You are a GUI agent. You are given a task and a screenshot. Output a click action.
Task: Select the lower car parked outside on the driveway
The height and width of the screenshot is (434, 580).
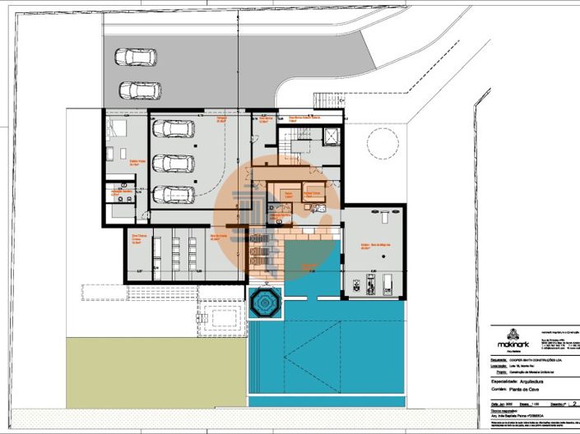140,90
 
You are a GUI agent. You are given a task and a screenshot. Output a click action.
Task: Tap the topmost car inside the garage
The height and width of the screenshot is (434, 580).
173,129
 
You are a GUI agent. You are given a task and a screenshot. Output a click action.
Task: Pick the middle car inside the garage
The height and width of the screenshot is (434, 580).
173,163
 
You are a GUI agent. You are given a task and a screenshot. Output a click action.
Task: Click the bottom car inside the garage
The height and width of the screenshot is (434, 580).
173,195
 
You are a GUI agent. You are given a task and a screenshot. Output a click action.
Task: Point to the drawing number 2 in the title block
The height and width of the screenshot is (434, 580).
574,404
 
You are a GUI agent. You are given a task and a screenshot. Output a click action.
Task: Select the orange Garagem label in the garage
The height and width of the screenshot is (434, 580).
221,119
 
